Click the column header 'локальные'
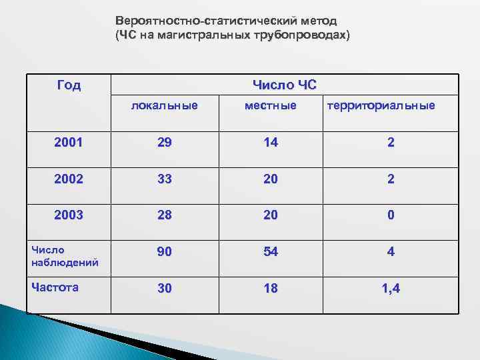point(164,105)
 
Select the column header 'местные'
point(270,105)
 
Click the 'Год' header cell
point(69,85)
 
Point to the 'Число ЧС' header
point(285,85)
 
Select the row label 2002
point(69,179)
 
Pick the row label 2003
point(69,215)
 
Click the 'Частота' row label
point(55,287)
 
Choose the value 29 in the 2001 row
point(164,142)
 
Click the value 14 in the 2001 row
point(270,142)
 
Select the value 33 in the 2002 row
point(164,179)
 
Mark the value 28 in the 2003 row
point(164,215)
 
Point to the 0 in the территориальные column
point(391,215)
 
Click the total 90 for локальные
point(164,253)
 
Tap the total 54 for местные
point(270,253)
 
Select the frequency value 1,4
point(391,289)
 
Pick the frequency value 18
point(270,289)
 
